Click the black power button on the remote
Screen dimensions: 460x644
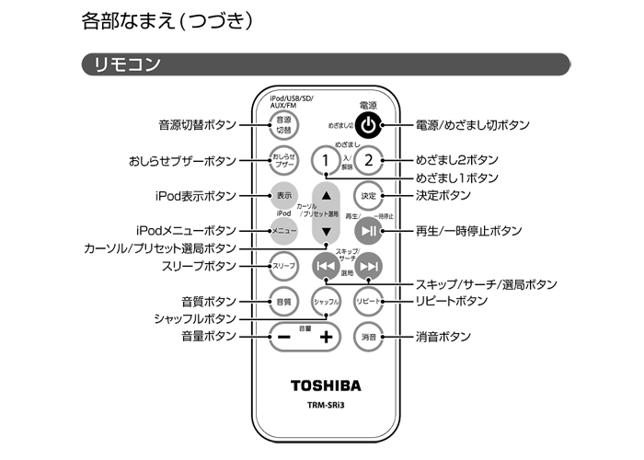(368, 125)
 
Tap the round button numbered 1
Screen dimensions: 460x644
(324, 161)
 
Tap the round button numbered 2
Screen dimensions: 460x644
(368, 161)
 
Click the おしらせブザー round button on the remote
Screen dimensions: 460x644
(283, 160)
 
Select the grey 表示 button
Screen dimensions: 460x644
(283, 195)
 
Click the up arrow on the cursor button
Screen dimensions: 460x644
(326, 195)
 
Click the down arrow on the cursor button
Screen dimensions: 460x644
(326, 232)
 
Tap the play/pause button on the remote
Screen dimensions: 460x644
(368, 231)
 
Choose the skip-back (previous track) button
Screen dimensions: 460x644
(325, 267)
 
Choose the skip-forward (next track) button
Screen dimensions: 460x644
(368, 267)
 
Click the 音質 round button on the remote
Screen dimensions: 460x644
(283, 301)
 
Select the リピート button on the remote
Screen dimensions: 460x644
(368, 301)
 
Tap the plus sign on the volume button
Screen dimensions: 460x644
(326, 337)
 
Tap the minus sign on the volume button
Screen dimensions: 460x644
(282, 337)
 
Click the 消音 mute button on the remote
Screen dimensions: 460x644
(368, 337)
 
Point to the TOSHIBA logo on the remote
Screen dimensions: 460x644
(326, 385)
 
